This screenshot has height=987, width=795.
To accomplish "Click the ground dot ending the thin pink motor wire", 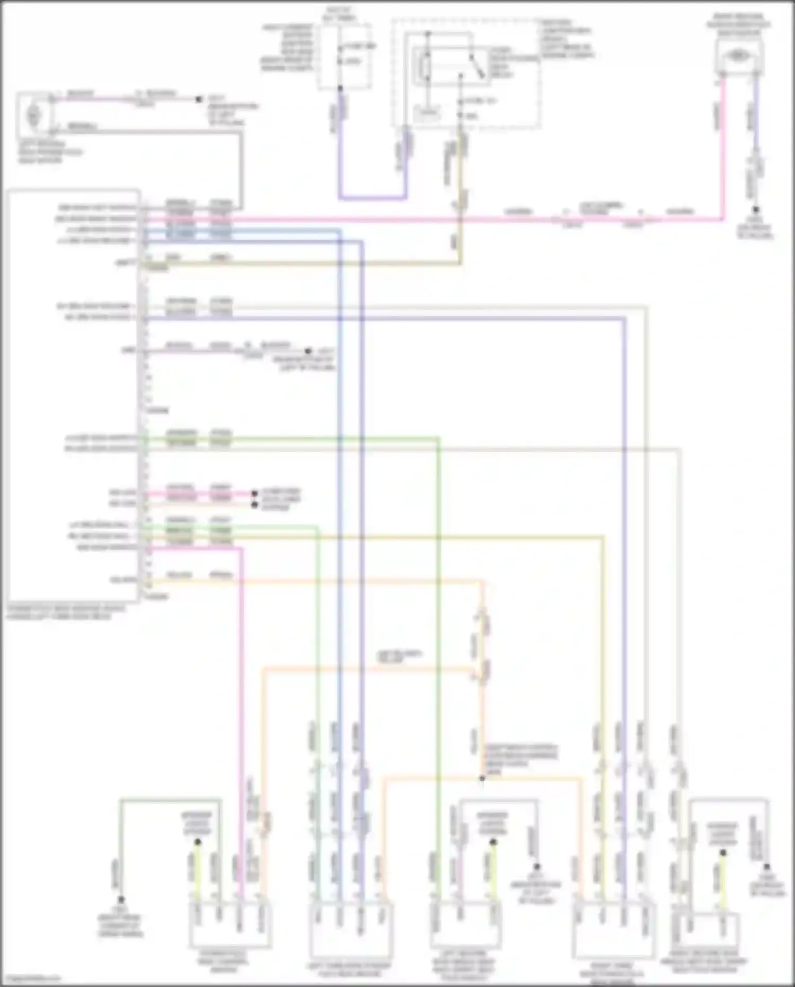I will pyautogui.click(x=199, y=99).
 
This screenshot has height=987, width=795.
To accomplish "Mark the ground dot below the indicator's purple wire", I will pyautogui.click(x=756, y=210).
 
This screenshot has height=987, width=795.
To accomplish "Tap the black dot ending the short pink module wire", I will pyautogui.click(x=307, y=351).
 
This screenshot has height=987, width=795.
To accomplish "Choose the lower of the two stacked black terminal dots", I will pyautogui.click(x=254, y=505).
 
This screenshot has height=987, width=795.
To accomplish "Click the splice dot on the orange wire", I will pyautogui.click(x=482, y=778).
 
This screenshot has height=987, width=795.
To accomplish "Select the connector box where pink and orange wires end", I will pyautogui.click(x=231, y=925).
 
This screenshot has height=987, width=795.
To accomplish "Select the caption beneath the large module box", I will pyautogui.click(x=66, y=612).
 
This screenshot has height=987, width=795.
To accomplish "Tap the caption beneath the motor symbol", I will pyautogui.click(x=50, y=152).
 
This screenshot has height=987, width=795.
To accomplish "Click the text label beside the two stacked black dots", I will pyautogui.click(x=281, y=499).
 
